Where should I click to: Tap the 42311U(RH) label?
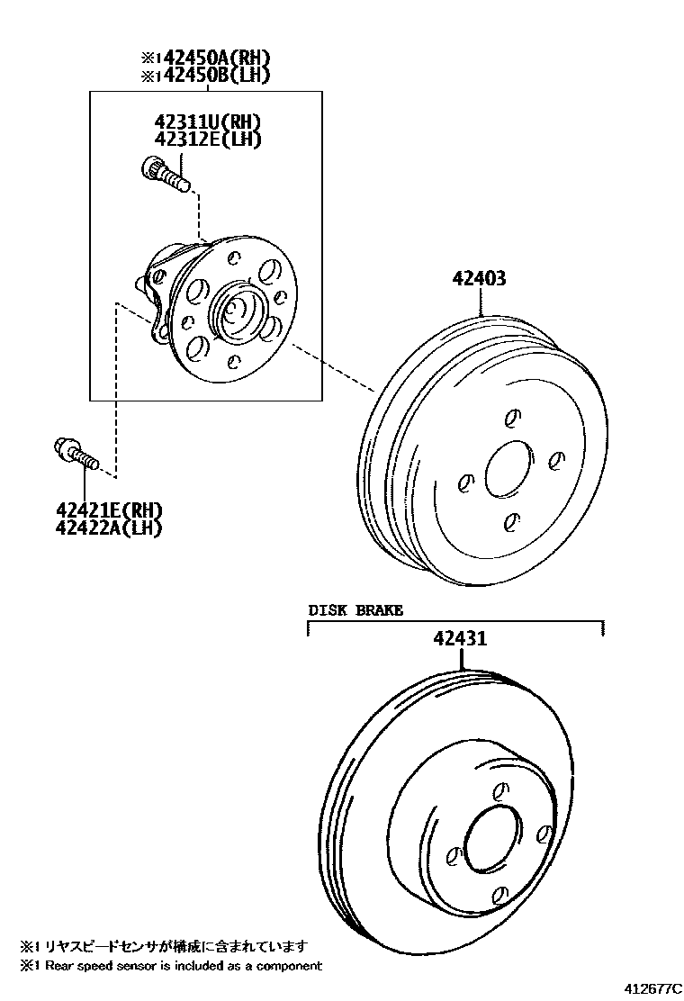[207, 122]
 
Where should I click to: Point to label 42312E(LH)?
[207, 140]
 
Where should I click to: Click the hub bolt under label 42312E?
[166, 173]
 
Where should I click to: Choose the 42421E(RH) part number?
[109, 510]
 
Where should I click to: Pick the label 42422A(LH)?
[109, 528]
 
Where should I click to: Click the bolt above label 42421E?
[76, 453]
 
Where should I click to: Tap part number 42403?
[479, 278]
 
